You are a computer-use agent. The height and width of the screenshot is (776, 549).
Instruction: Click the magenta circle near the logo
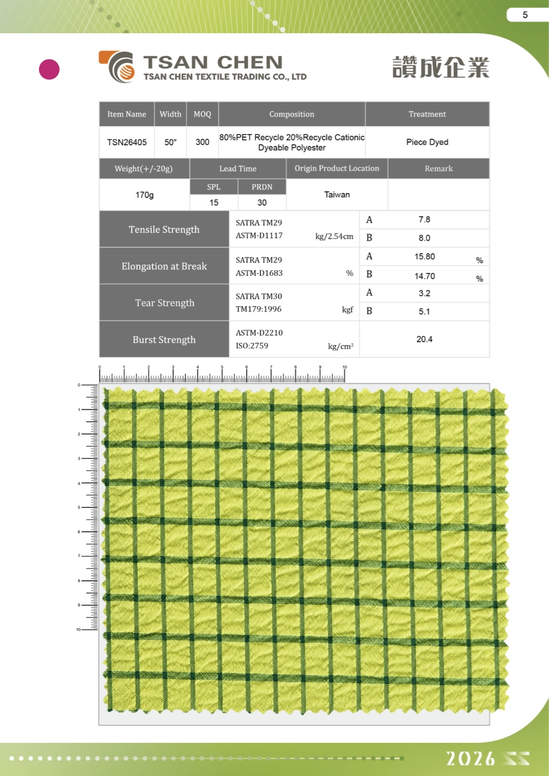coord(49,69)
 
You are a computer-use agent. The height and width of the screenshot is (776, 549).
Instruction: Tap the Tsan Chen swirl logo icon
coord(119,67)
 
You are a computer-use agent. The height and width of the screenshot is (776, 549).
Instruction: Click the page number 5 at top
coord(525,15)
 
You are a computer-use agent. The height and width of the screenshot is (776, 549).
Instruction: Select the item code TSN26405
coord(127,142)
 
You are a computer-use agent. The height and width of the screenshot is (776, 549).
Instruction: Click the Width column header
coord(170,114)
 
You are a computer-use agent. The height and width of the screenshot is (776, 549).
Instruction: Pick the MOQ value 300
coord(202,142)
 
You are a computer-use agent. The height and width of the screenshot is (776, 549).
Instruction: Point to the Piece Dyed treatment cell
coord(427,142)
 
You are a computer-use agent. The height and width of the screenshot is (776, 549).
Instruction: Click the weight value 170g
coord(144,195)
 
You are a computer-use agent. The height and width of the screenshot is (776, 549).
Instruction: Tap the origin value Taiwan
coord(337,195)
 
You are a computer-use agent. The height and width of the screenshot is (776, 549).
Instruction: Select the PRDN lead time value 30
coord(262,203)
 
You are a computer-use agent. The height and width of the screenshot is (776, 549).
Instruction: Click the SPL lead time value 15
coord(214,203)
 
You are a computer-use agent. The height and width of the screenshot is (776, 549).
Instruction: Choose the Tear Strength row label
coord(164,303)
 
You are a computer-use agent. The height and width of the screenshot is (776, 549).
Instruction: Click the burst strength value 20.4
coord(424,339)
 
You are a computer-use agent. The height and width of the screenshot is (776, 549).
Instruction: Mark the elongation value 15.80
coord(424,256)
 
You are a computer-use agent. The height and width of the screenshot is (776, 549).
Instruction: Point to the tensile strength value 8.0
coord(424,238)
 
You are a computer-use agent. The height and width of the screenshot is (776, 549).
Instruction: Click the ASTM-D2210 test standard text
coord(259,332)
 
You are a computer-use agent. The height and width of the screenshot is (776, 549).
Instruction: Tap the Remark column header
coord(439,168)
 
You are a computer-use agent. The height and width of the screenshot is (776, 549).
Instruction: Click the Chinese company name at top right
coord(440,68)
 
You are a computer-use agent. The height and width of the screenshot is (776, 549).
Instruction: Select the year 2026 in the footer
coord(471,759)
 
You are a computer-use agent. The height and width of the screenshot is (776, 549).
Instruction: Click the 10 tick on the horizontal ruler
coord(345,367)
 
